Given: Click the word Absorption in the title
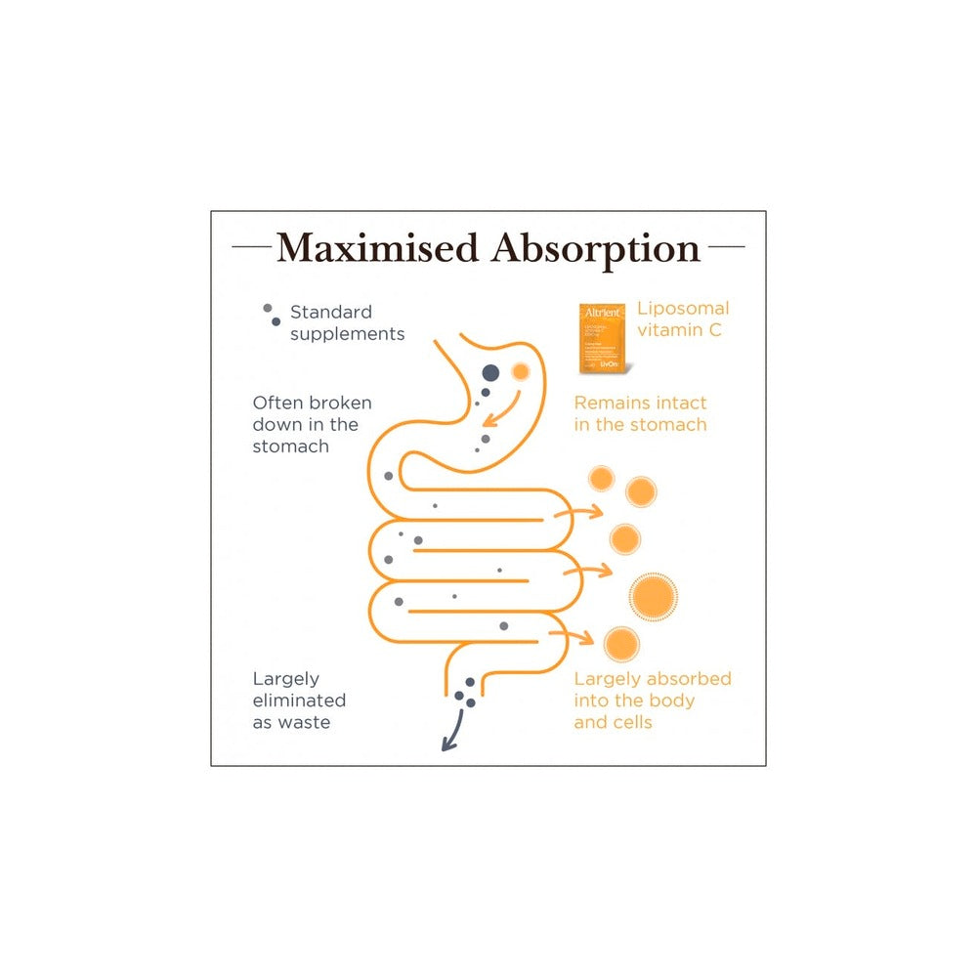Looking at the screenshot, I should coord(596,249).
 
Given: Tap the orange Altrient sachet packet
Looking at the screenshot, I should coord(603,337).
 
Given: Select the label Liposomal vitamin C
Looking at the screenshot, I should coord(683,319).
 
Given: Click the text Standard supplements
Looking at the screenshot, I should coord(347,322).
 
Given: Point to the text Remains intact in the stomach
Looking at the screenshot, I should coord(640,413).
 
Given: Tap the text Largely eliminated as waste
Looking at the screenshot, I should coord(299,701).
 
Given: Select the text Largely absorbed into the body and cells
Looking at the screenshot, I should coord(652,701).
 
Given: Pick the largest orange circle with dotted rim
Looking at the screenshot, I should coord(654,594).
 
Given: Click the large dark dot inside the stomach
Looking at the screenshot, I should coord(491,372).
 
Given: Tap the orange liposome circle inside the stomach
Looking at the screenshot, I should coord(520,371).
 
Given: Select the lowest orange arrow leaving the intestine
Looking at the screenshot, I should coord(573,637).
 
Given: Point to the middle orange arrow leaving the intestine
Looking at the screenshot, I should coord(588,569).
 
